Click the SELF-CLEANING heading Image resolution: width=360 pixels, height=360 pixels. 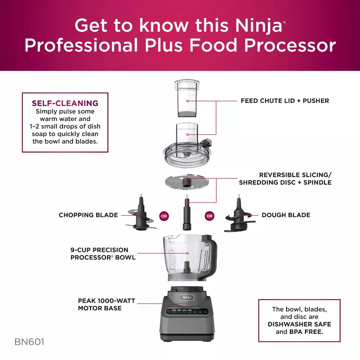[x=65, y=103]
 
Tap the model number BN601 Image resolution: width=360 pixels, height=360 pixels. [x=29, y=342]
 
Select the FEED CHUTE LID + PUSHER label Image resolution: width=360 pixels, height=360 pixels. [x=285, y=101]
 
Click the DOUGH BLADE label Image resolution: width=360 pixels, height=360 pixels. [x=286, y=215]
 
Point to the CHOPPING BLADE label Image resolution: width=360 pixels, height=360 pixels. [x=88, y=215]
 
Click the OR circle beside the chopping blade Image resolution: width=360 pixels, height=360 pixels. [x=164, y=216]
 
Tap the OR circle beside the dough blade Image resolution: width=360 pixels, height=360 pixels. [x=209, y=216]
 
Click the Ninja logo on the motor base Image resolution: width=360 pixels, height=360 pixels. [x=187, y=297]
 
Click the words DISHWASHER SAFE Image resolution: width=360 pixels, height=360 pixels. [x=299, y=324]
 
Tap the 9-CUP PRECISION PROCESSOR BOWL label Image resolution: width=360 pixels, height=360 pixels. [x=103, y=253]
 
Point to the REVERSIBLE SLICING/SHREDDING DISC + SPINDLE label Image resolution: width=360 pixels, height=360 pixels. [x=285, y=179]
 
